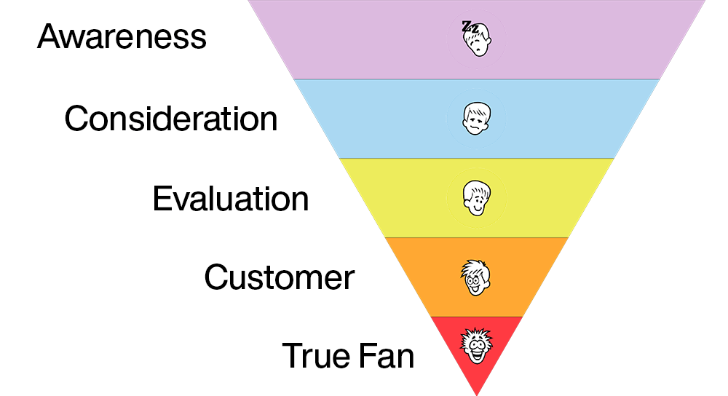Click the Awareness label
[122, 37]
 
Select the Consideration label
[171, 118]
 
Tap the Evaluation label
[230, 198]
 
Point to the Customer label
[279, 277]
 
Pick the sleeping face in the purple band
[477, 38]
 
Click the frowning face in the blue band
[477, 118]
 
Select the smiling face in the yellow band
[476, 197]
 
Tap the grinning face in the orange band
[476, 277]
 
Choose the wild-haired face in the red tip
[477, 348]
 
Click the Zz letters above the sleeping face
[470, 27]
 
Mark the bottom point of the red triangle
[477, 394]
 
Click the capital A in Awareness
[50, 36]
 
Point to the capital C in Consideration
[76, 118]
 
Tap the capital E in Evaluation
[161, 198]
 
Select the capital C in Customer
[216, 277]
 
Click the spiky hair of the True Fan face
[477, 336]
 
